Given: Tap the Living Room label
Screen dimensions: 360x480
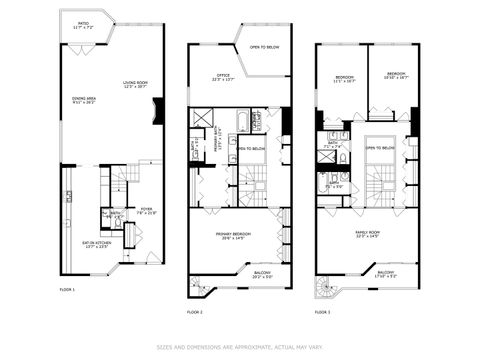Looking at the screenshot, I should pos(135,86).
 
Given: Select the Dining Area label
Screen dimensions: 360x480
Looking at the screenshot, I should pos(85,100).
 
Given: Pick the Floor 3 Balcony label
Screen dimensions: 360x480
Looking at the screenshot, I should pos(386,273).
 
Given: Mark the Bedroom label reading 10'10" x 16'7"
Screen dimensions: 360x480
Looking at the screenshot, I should pos(397,75).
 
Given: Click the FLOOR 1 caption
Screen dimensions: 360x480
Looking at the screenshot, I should pos(67,289).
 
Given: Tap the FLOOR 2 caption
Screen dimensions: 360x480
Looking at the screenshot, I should pos(195,312).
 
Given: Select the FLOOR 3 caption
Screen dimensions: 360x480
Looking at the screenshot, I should pos(322,312).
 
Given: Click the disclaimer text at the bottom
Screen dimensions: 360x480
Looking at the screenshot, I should pos(240,349).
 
